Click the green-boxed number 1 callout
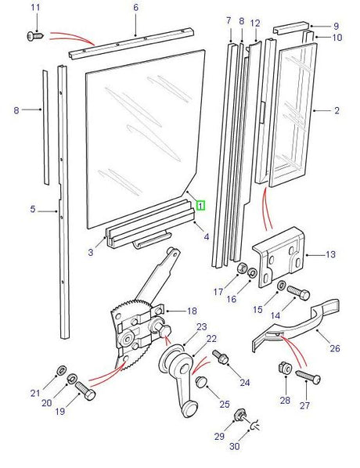200,205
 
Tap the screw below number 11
35,36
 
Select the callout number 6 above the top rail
136,8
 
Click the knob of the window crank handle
189,409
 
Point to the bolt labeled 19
85,391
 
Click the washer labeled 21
62,370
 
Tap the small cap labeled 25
200,382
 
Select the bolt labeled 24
220,358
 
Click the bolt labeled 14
298,293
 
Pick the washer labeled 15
281,286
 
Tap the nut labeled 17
242,268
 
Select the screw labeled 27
308,377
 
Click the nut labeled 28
284,368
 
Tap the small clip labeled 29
239,415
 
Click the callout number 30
235,447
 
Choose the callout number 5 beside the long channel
33,209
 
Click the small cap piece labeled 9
291,27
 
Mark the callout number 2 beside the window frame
337,110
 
